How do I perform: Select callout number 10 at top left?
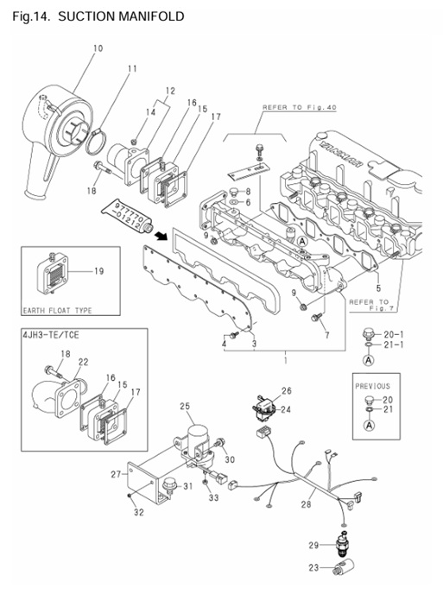[x=97, y=47]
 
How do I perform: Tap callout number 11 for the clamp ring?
[x=132, y=69]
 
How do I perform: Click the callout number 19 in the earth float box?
[x=98, y=272]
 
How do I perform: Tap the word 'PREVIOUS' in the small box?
[x=372, y=386]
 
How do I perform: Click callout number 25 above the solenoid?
[x=184, y=406]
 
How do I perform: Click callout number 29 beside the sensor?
[x=314, y=544]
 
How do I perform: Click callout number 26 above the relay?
[x=287, y=390]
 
